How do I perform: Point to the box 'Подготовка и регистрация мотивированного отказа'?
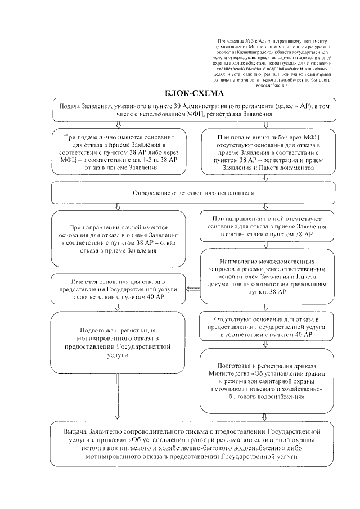pyautogui.click(x=118, y=343)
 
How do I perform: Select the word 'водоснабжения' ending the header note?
pyautogui.click(x=270, y=86)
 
